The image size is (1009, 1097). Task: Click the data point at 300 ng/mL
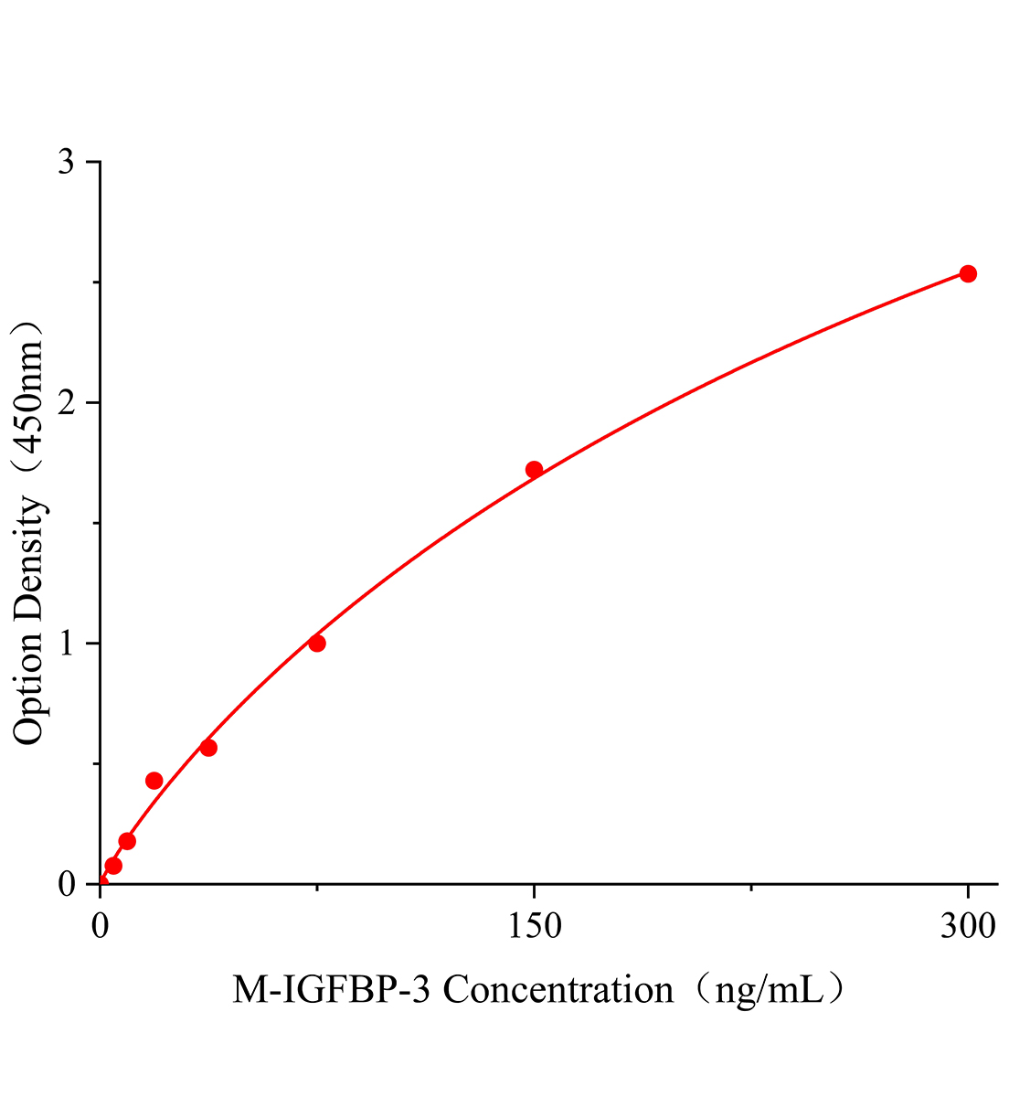click(x=968, y=273)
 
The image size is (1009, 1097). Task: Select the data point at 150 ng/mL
click(x=534, y=470)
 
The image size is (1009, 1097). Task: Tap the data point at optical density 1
click(x=317, y=643)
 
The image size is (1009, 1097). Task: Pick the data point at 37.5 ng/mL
click(x=208, y=748)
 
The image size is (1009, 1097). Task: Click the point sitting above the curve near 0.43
click(x=154, y=781)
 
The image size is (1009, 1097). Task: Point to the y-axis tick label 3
click(x=67, y=163)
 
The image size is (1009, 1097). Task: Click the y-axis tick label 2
click(x=67, y=403)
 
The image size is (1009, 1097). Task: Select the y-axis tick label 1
click(x=67, y=644)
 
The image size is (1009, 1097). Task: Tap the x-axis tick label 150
click(x=534, y=926)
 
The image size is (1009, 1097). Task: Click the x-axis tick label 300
click(x=968, y=926)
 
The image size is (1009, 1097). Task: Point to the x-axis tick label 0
click(x=101, y=926)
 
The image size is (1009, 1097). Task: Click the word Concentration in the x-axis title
click(x=558, y=990)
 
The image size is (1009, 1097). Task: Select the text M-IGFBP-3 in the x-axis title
click(x=335, y=990)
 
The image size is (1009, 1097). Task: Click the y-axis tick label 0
click(x=67, y=884)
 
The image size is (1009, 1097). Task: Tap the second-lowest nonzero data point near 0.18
click(x=127, y=841)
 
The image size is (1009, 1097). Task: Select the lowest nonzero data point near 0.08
click(x=113, y=866)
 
